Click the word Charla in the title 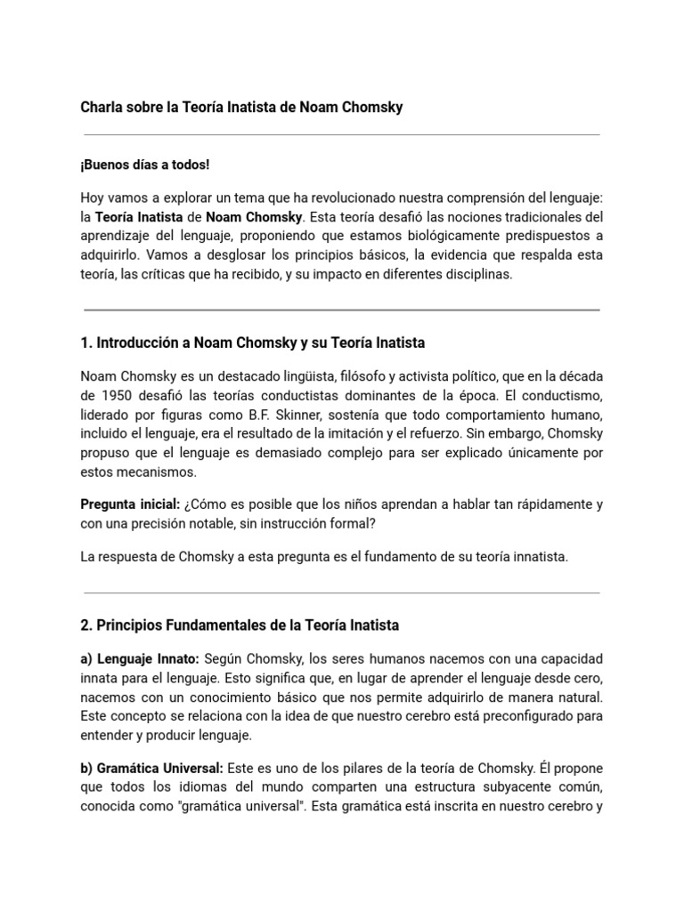[x=102, y=108]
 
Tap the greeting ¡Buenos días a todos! [x=145, y=165]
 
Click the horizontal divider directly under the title [x=341, y=135]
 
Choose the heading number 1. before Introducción [x=85, y=343]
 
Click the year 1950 [x=116, y=395]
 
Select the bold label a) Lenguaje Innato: [x=140, y=659]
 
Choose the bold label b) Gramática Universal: [x=152, y=768]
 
